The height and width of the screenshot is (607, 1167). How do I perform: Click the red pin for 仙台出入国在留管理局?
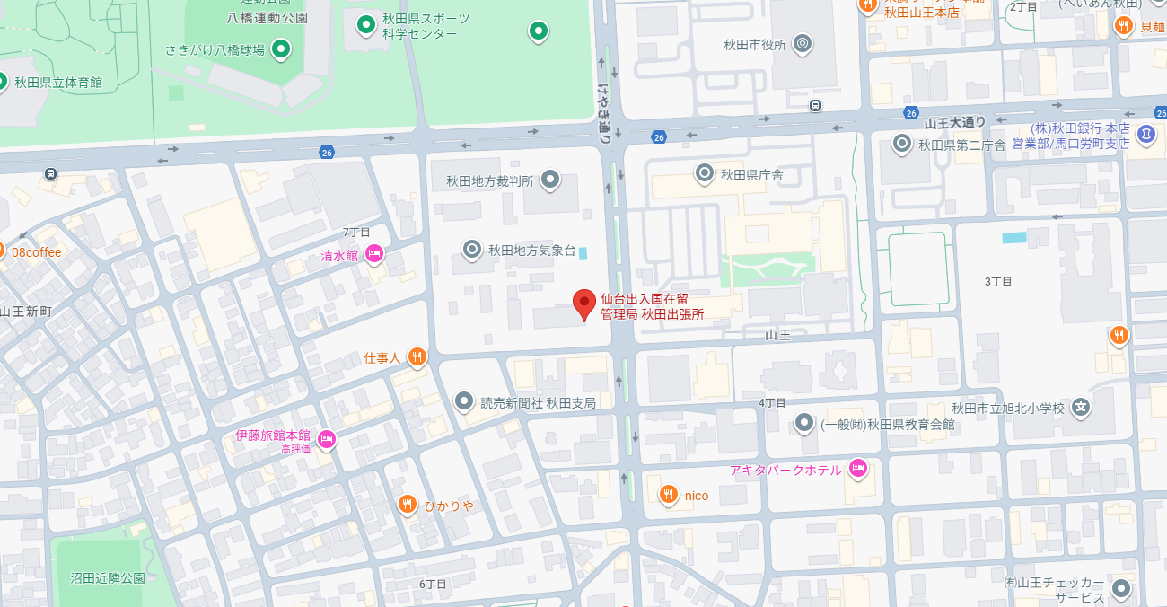click(584, 304)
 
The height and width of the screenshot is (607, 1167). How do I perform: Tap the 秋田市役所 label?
click(754, 44)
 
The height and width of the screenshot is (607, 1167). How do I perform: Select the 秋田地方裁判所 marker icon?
click(550, 180)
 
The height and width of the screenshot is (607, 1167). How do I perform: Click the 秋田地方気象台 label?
click(531, 251)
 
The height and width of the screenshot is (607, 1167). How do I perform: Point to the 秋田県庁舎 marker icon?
click(706, 173)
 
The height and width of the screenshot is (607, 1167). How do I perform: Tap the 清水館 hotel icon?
click(373, 255)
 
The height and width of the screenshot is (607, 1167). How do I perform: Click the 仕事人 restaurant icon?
click(417, 357)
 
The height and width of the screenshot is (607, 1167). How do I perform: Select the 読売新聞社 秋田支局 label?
click(538, 403)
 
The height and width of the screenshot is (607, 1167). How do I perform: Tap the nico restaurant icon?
click(668, 495)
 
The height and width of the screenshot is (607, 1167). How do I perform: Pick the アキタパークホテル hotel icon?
click(858, 469)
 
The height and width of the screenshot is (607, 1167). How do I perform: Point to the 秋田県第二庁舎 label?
click(961, 145)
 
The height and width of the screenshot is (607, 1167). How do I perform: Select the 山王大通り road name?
click(955, 122)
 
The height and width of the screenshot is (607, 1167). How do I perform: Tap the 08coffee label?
click(37, 252)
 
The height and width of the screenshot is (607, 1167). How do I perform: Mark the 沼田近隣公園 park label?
click(108, 578)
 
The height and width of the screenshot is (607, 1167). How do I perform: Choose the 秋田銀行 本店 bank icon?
click(1146, 135)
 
